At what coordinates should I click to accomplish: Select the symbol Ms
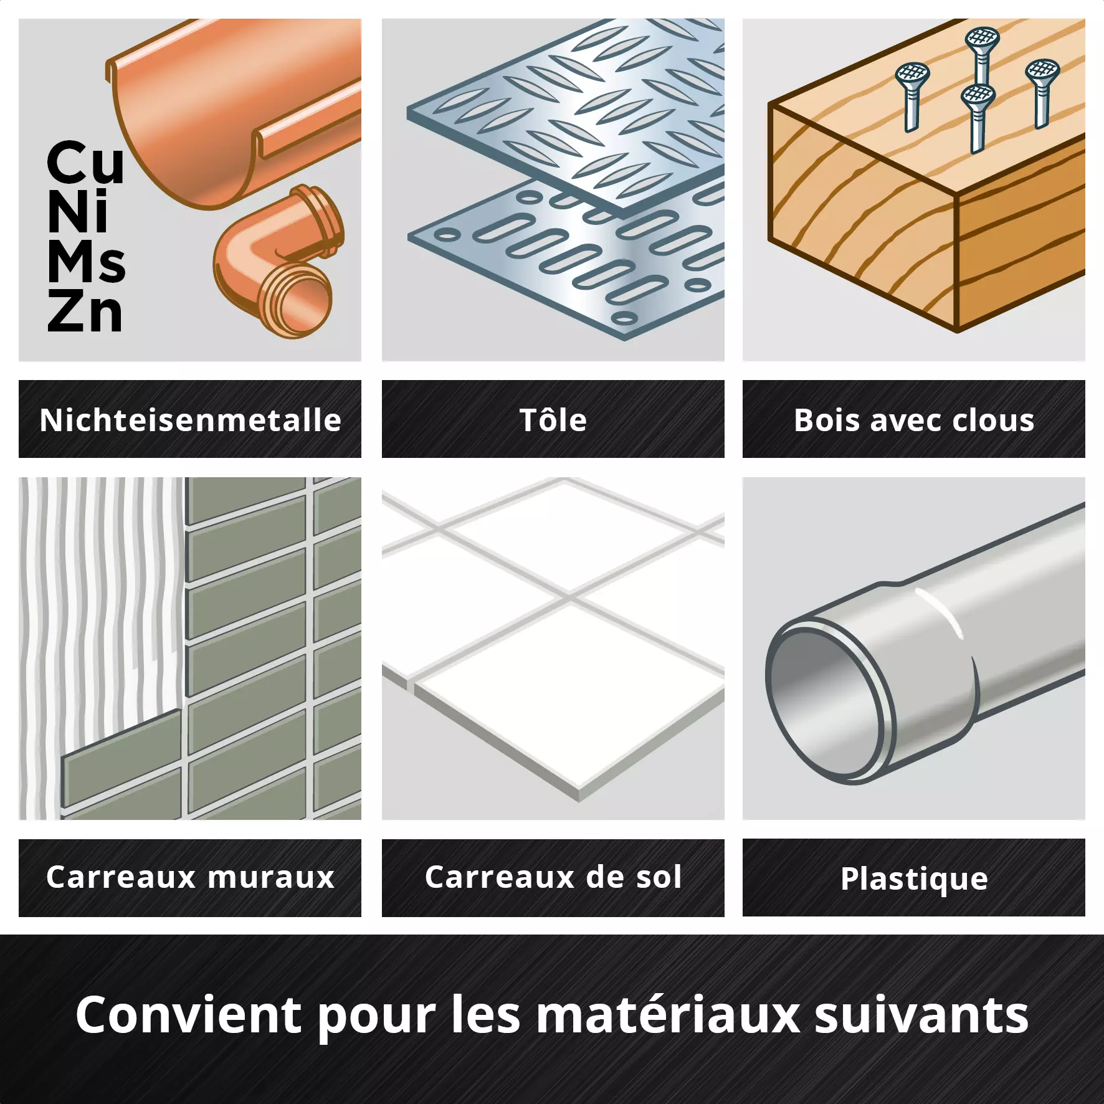click(x=87, y=262)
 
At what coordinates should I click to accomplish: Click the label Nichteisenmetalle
click(x=190, y=420)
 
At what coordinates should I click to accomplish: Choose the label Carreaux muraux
click(x=190, y=877)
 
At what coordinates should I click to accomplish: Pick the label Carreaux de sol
click(x=553, y=877)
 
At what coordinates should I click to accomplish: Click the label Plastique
click(x=914, y=879)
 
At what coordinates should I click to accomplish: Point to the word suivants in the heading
click(x=921, y=1014)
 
